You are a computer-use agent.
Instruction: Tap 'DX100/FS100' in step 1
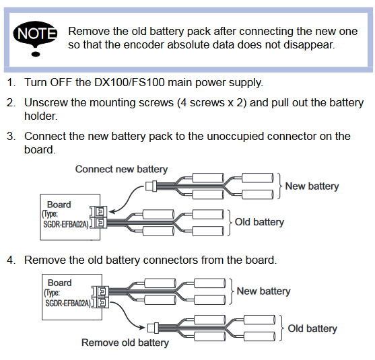(130, 83)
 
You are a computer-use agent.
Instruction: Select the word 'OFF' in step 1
(61, 83)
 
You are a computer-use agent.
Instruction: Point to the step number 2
(11, 103)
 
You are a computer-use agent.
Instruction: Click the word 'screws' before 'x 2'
(207, 103)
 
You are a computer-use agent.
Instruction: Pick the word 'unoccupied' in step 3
(236, 137)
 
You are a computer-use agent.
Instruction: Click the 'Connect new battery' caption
(121, 170)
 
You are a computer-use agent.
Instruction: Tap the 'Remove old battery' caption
(125, 343)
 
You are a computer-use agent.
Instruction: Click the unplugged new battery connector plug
(151, 186)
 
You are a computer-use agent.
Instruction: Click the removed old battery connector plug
(153, 328)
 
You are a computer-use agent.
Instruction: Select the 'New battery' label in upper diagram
(312, 186)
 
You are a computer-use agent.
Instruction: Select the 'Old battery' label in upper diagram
(259, 222)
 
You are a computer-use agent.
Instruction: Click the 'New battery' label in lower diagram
(263, 291)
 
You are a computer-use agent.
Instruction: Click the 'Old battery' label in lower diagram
(312, 328)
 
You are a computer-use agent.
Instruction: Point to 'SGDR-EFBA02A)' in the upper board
(66, 225)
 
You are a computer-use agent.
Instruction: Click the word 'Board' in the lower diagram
(60, 283)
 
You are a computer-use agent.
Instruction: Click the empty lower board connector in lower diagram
(103, 302)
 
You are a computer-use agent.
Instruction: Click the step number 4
(11, 260)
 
